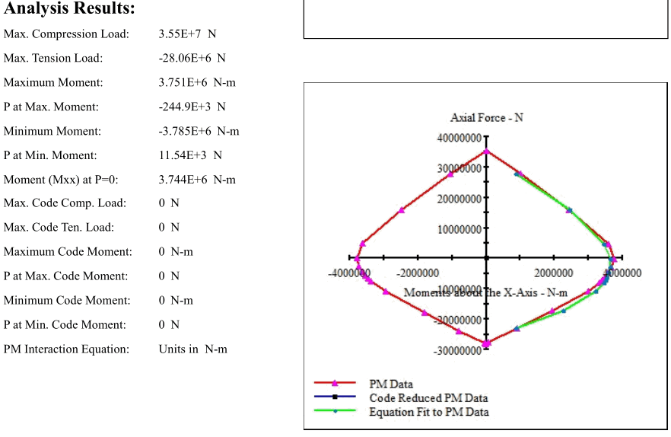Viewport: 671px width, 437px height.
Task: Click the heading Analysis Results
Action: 69,8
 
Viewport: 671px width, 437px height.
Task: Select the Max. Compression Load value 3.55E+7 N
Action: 187,33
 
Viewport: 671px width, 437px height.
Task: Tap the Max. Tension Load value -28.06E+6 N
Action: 192,58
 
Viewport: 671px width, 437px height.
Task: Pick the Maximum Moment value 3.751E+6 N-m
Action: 197,82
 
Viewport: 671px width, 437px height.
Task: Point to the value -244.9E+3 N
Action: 192,107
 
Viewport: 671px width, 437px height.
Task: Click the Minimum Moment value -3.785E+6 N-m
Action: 199,131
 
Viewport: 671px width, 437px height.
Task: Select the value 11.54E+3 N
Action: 190,155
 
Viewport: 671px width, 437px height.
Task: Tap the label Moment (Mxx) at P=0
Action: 61,180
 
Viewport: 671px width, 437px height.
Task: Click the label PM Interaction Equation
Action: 66,349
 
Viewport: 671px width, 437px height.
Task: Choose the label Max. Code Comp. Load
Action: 65,203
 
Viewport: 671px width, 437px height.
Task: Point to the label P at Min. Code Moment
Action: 65,325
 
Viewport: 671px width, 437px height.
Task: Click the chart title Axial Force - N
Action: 487,117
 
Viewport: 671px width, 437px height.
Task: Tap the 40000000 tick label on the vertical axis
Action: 460,138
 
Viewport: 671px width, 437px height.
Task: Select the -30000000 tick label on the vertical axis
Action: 457,351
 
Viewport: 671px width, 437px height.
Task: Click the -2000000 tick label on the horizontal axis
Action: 418,273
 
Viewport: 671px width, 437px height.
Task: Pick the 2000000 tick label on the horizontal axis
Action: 553,273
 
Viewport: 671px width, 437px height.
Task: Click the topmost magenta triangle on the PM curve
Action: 486,151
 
